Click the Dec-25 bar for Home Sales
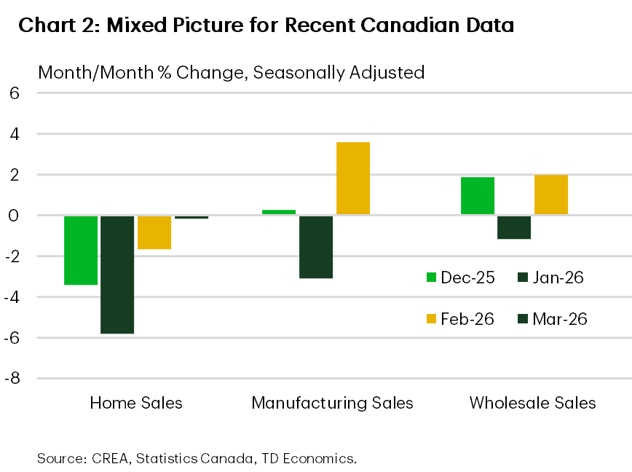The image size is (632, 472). pyautogui.click(x=81, y=250)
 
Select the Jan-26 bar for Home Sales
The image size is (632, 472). pyautogui.click(x=117, y=274)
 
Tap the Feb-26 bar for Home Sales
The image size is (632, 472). pyautogui.click(x=154, y=232)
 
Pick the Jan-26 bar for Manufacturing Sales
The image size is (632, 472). pyautogui.click(x=316, y=246)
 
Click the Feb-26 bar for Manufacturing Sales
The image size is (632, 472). pyautogui.click(x=353, y=178)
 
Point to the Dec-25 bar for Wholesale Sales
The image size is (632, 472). pyautogui.click(x=478, y=196)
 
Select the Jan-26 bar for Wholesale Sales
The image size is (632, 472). pyautogui.click(x=514, y=227)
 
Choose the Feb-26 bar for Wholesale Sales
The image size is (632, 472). pyautogui.click(x=551, y=194)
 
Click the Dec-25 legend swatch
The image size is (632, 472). pyautogui.click(x=432, y=278)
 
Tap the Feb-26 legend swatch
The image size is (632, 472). pyautogui.click(x=432, y=319)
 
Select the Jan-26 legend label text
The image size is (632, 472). pyautogui.click(x=558, y=278)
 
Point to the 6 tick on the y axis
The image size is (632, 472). pyautogui.click(x=14, y=93)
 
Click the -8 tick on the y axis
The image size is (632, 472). pyautogui.click(x=12, y=379)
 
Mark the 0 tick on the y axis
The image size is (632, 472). pyautogui.click(x=14, y=216)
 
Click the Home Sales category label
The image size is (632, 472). pyautogui.click(x=136, y=403)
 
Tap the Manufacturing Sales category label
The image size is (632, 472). pyautogui.click(x=332, y=403)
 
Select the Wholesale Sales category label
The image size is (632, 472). pyautogui.click(x=532, y=403)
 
